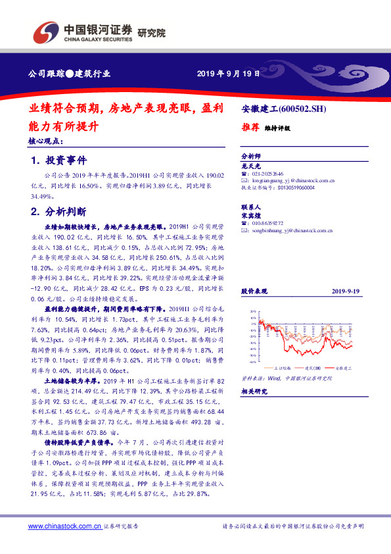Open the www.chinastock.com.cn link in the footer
click(x=65, y=526)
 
